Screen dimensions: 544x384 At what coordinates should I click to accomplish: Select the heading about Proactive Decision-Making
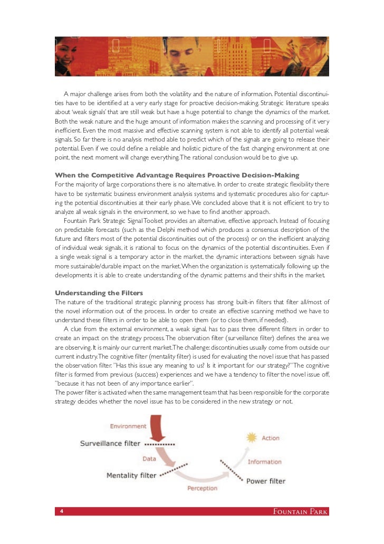[x=177, y=175]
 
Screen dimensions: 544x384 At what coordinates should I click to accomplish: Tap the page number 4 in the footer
[x=62, y=511]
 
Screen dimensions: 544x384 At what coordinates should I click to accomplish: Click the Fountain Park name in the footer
[x=299, y=511]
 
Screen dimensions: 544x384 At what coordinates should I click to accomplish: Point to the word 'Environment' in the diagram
[x=128, y=426]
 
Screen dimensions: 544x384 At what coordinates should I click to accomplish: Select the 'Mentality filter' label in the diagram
[x=131, y=475]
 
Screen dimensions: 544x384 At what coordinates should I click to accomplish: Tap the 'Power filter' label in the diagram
[x=266, y=481]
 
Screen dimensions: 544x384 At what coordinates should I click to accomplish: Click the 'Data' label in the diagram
[x=149, y=459]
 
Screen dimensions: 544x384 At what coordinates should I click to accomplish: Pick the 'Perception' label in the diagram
[x=203, y=488]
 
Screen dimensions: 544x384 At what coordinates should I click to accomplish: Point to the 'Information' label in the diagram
[x=264, y=462]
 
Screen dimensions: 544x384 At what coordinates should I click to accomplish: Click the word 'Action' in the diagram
[x=271, y=438]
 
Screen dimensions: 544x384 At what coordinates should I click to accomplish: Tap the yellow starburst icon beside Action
[x=252, y=437]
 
